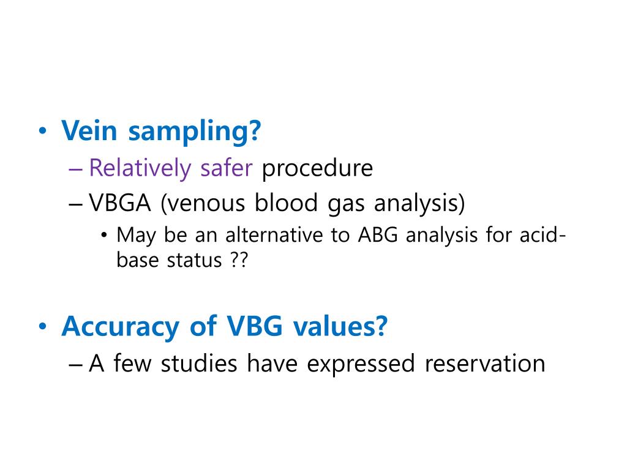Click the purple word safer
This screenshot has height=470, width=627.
click(226, 168)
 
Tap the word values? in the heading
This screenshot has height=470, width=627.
click(340, 326)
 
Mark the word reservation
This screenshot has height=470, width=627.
click(484, 363)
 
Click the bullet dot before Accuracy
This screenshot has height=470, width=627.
click(42, 328)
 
